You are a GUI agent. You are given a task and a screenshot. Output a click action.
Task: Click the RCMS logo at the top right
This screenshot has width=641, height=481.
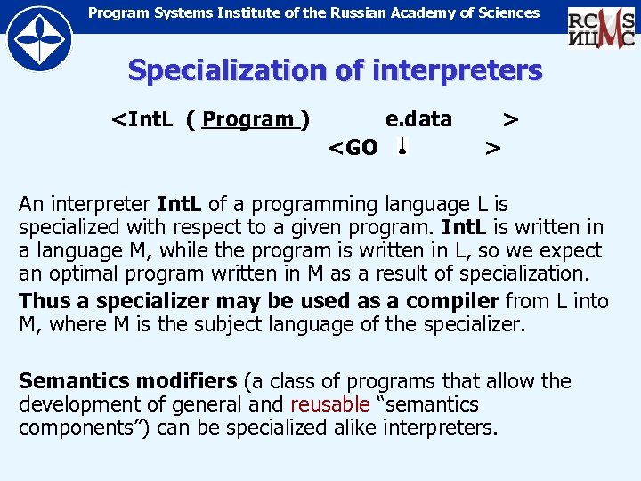click(x=601, y=27)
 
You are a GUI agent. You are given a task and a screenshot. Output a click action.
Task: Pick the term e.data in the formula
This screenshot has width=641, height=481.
click(x=418, y=119)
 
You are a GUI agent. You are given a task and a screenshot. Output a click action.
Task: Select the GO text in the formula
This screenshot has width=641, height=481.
click(x=361, y=147)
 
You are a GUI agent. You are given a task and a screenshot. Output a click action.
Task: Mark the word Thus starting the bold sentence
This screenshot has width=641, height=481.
click(x=41, y=301)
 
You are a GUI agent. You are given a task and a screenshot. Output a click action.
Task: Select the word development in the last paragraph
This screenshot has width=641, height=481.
click(x=75, y=404)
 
